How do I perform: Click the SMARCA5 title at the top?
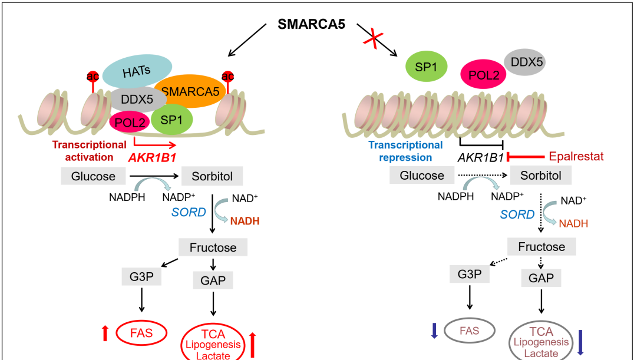pyautogui.click(x=311, y=25)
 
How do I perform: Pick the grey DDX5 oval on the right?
pyautogui.click(x=524, y=61)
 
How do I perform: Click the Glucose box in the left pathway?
pyautogui.click(x=94, y=176)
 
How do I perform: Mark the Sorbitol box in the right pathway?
pyautogui.click(x=540, y=175)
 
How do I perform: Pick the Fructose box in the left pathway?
pyautogui.click(x=213, y=247)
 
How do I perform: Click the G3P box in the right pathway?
pyautogui.click(x=470, y=275)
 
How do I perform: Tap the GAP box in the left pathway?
pyautogui.click(x=213, y=280)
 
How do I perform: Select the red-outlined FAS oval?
pyautogui.click(x=141, y=333)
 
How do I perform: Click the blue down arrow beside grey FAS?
pyautogui.click(x=434, y=331)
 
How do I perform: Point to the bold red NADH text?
pyautogui.click(x=244, y=222)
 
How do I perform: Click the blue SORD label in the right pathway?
pyautogui.click(x=517, y=214)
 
